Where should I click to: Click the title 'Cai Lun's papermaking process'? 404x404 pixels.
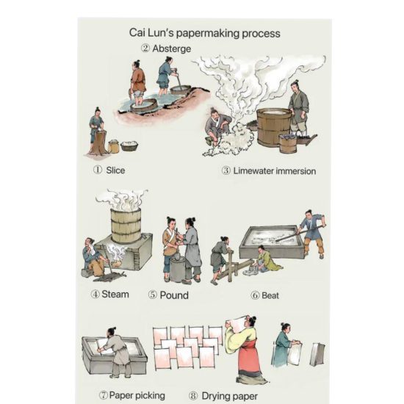pos(205,33)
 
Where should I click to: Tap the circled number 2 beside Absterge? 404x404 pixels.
pos(145,48)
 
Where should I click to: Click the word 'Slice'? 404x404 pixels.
pos(115,170)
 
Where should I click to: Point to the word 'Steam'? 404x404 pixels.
pos(115,295)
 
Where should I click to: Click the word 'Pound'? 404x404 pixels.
pos(174,295)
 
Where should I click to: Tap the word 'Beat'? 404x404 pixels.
pos(270,295)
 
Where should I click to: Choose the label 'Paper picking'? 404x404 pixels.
pos(137,395)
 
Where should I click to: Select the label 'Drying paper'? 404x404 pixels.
pos(230,396)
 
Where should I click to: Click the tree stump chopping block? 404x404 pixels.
pos(98,143)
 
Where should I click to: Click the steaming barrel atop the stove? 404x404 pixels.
pos(126,226)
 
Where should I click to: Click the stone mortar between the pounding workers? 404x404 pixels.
pos(178,269)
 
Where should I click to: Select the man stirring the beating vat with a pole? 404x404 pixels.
pos(313,234)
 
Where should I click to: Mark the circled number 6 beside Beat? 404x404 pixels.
pos(255,295)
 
